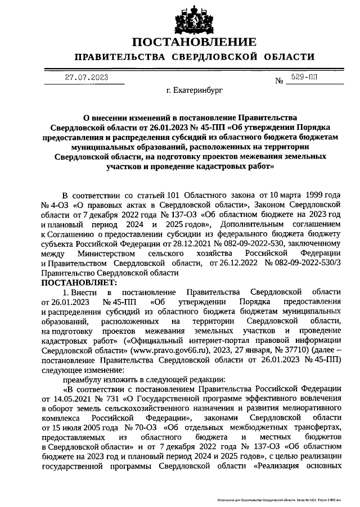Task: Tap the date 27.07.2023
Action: pos(85,78)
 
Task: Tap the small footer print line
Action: pos(287,500)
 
